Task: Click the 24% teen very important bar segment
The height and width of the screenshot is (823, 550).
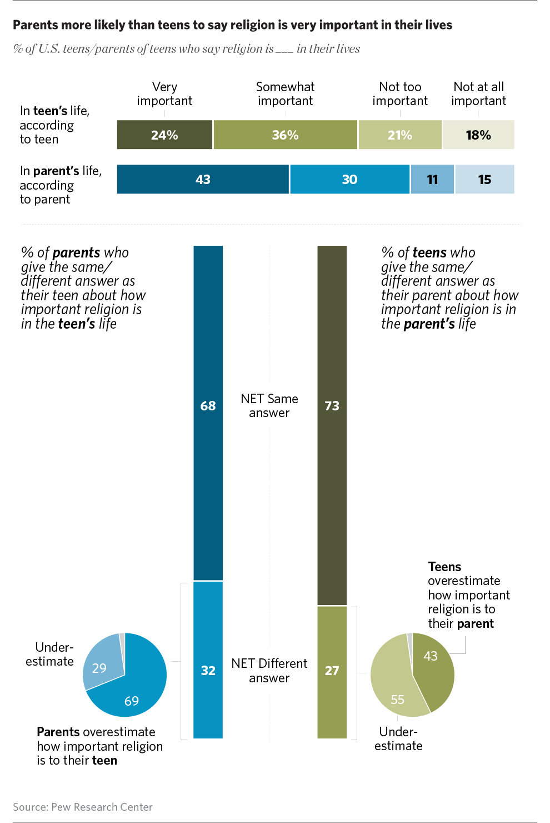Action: click(164, 135)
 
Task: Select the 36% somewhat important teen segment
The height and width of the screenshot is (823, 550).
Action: click(286, 135)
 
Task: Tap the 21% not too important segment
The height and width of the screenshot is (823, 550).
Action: click(400, 135)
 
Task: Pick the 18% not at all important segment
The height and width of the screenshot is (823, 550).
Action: click(479, 135)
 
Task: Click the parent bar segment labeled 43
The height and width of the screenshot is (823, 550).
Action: click(203, 179)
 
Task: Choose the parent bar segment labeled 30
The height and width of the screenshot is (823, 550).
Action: click(350, 179)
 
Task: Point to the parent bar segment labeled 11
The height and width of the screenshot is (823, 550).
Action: click(433, 179)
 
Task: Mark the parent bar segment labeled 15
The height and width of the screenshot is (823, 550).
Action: click(484, 179)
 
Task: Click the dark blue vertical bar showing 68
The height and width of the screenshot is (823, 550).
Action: click(208, 413)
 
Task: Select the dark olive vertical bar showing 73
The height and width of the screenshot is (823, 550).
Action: click(332, 425)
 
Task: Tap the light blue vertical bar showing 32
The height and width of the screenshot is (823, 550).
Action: click(208, 660)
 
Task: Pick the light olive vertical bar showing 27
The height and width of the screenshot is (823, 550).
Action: click(332, 672)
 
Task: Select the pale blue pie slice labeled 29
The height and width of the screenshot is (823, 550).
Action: click(103, 661)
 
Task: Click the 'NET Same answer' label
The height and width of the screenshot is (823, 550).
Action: click(269, 405)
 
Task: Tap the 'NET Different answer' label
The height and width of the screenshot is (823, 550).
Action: click(269, 671)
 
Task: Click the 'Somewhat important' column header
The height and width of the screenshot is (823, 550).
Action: click(286, 93)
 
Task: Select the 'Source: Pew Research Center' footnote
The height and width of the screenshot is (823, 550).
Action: click(83, 807)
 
